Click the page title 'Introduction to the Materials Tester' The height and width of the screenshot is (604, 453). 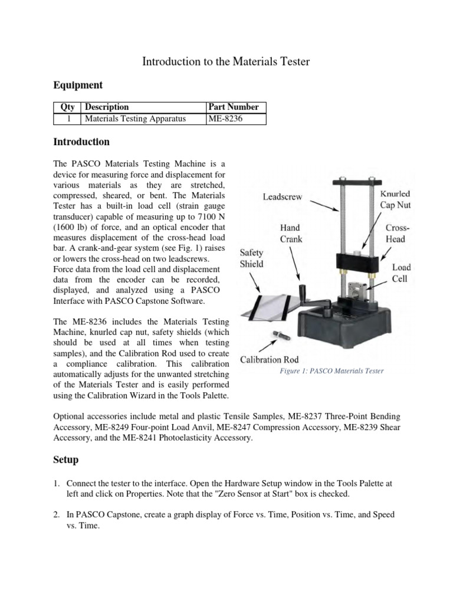[x=226, y=61]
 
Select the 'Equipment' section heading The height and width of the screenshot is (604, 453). [x=78, y=86]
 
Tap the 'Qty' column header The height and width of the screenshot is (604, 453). [x=67, y=107]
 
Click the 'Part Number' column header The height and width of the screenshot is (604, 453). [x=234, y=107]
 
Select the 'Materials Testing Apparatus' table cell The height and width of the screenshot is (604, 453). [x=135, y=119]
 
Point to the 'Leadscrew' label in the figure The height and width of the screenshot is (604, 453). [x=284, y=198]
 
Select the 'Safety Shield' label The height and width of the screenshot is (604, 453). [x=251, y=258]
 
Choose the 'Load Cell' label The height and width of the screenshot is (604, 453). [x=402, y=273]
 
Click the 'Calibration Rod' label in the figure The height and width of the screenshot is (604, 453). [x=268, y=359]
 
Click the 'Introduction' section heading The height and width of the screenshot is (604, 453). [x=81, y=142]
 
